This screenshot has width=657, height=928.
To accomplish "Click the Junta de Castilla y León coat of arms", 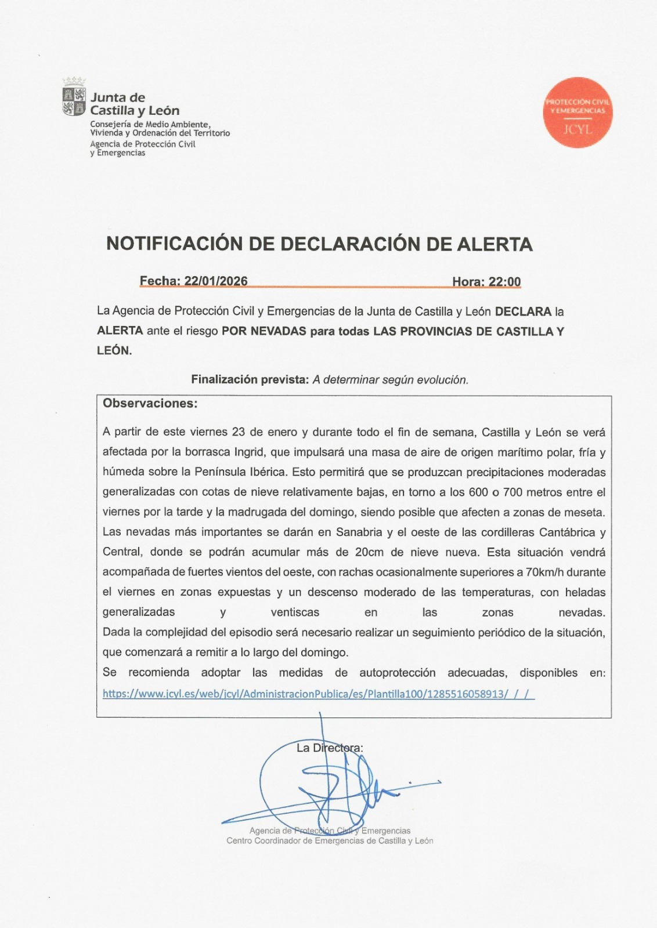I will (x=74, y=99).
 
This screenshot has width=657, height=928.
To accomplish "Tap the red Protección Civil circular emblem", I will (x=577, y=113).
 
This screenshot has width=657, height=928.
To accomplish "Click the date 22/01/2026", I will (x=216, y=281).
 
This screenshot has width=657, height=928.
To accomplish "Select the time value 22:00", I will (x=504, y=282).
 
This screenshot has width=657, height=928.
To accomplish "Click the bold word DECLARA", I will (x=523, y=311).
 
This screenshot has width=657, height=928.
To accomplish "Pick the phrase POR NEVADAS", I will (x=263, y=331).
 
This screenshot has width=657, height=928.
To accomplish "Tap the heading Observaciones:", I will (x=150, y=404).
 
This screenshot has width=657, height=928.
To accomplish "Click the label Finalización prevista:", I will (x=250, y=380).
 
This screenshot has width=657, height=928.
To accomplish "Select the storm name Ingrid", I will (x=248, y=452).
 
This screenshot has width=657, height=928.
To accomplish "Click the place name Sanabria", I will (x=359, y=532).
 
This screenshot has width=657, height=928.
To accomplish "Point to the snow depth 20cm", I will (x=369, y=552).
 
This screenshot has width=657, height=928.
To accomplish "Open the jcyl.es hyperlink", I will (x=318, y=694).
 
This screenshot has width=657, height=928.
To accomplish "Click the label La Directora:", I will (x=330, y=748).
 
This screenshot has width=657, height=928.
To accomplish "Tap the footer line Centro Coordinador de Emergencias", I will (x=330, y=841).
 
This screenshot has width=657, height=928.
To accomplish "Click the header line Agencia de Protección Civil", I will (x=143, y=144).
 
